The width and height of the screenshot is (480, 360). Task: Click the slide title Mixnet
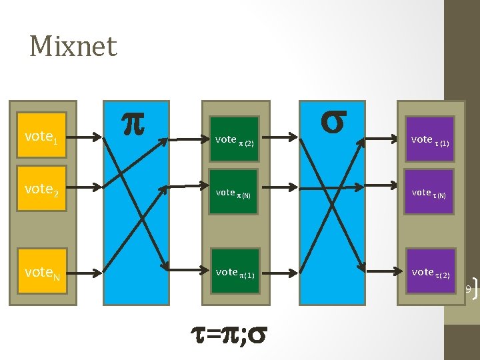point(73,47)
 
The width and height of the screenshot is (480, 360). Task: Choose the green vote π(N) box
point(234,192)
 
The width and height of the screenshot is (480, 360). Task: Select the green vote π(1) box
point(234,271)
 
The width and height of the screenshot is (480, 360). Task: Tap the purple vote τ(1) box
point(431,139)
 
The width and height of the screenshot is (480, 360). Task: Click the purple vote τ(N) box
point(431,193)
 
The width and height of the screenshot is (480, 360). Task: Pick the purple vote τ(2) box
point(431,271)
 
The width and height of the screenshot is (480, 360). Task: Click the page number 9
point(468,289)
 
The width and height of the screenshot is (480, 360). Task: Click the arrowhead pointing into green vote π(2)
point(204,139)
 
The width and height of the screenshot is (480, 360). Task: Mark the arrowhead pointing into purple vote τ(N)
point(401,192)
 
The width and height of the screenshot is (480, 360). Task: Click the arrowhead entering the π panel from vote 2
point(99,192)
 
